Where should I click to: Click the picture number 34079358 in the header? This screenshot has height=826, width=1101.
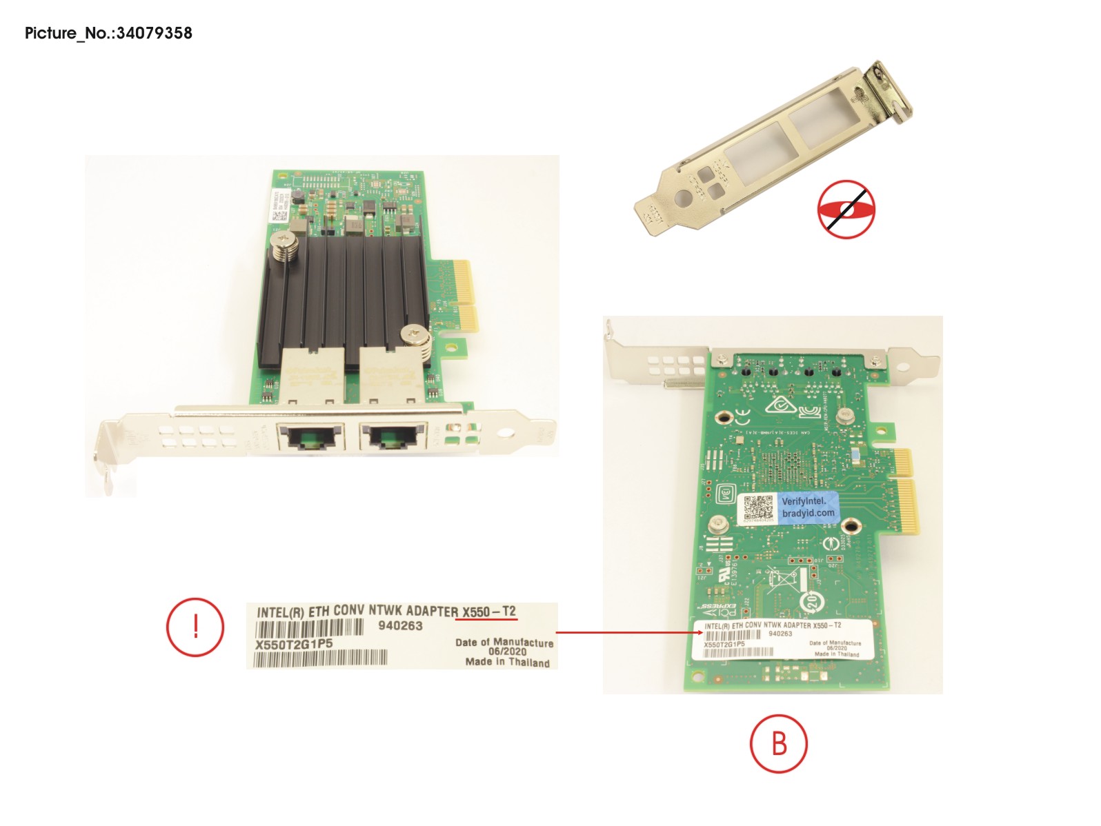click(154, 33)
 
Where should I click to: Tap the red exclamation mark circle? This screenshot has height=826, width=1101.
click(195, 627)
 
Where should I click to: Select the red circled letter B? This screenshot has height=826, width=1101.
click(779, 744)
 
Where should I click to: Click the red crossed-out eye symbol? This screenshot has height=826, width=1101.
click(846, 210)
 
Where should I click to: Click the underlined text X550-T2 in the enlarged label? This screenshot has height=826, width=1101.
click(488, 612)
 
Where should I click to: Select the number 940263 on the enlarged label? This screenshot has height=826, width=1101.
click(400, 626)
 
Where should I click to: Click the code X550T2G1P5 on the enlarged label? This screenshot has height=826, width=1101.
click(294, 644)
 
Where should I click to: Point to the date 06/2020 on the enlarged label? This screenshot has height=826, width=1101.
click(507, 652)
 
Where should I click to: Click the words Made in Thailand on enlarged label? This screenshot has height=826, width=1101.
click(507, 662)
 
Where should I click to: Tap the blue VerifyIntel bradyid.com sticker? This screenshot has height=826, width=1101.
click(808, 507)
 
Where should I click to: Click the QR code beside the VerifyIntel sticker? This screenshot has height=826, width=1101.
click(759, 509)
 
